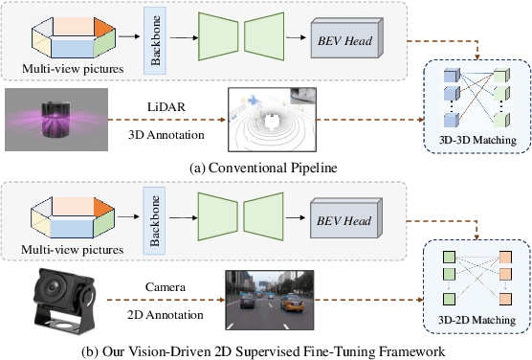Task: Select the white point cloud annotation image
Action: (271, 121)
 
